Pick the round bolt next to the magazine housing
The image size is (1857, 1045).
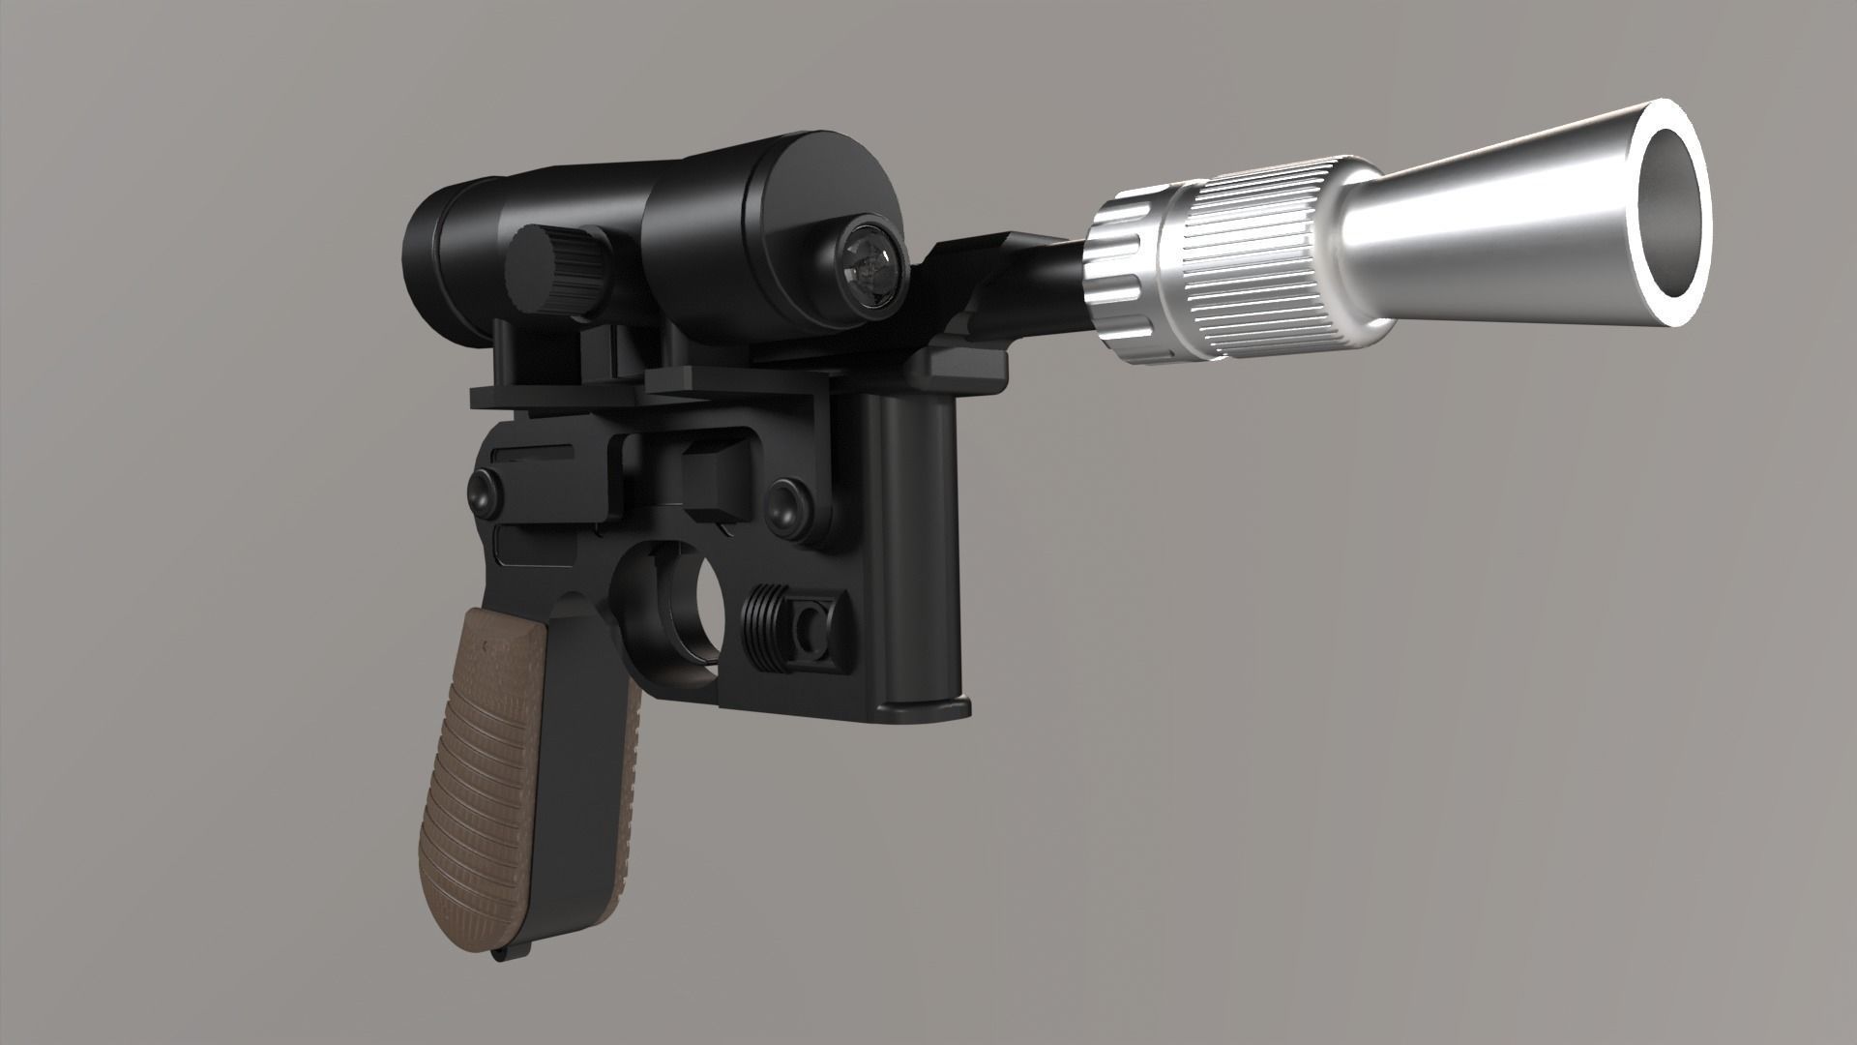coord(785,500)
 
